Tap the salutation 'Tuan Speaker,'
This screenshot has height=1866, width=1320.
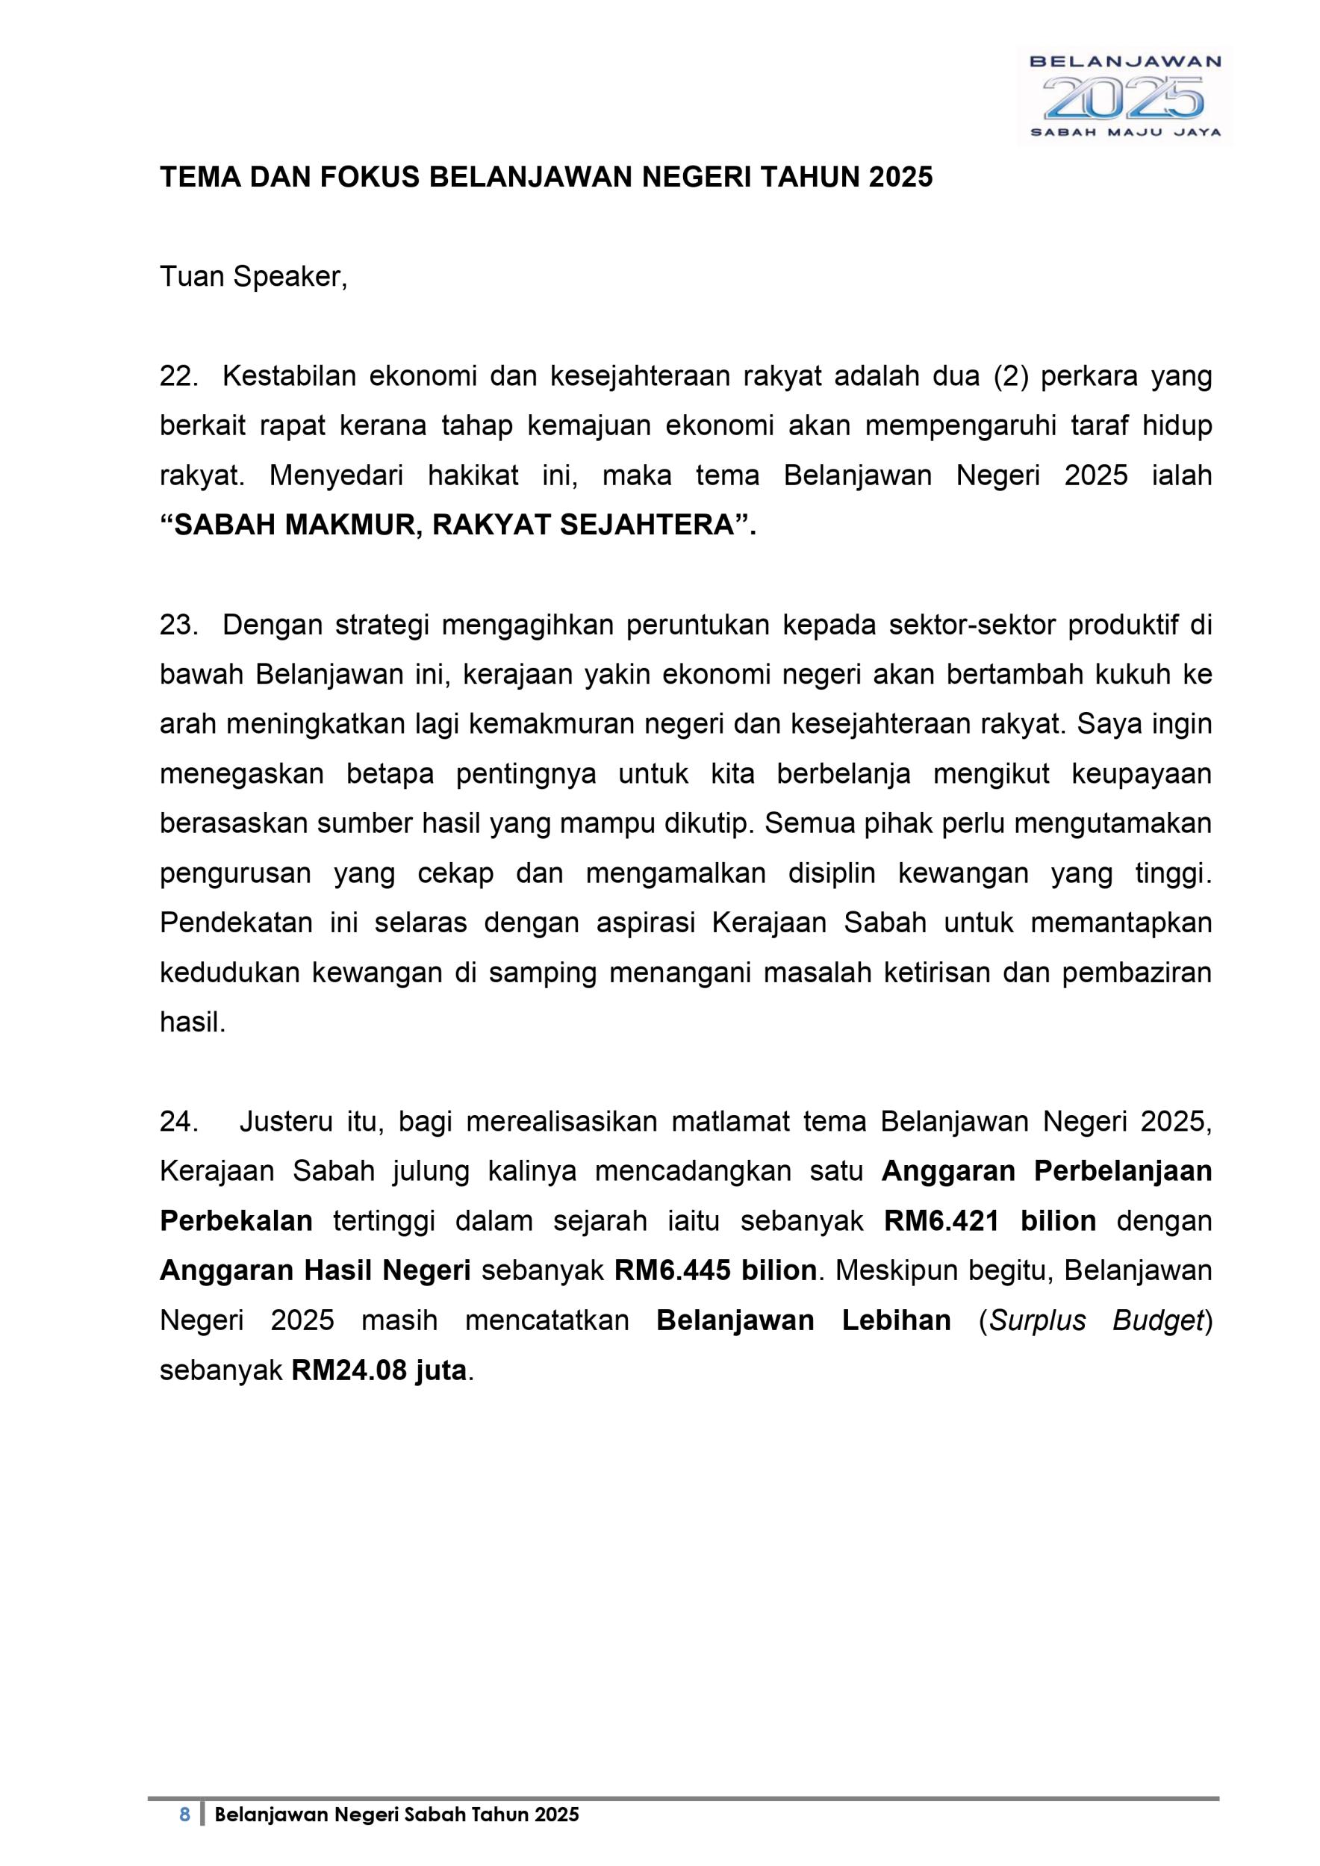pos(254,277)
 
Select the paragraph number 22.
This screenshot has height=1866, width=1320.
pos(178,377)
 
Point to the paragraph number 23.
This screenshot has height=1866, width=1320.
pos(178,625)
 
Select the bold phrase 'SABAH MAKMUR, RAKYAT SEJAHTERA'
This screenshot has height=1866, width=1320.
pos(458,525)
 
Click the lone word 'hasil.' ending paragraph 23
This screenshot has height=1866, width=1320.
pos(193,1023)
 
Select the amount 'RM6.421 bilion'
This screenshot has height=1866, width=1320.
pos(990,1220)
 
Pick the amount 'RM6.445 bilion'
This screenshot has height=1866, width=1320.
pos(715,1270)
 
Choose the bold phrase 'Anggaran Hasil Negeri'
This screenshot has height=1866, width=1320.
pos(315,1270)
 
